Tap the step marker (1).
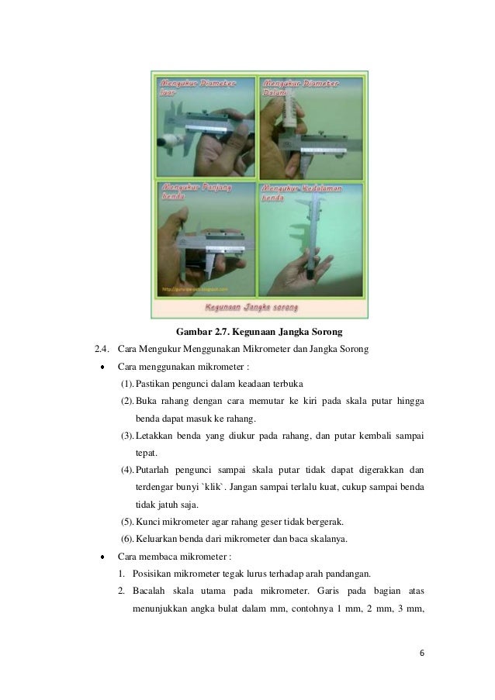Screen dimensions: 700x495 coord(126,384)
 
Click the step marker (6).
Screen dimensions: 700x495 coord(126,540)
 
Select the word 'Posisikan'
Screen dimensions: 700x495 coord(155,574)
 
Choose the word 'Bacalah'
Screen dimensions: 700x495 coord(150,591)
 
